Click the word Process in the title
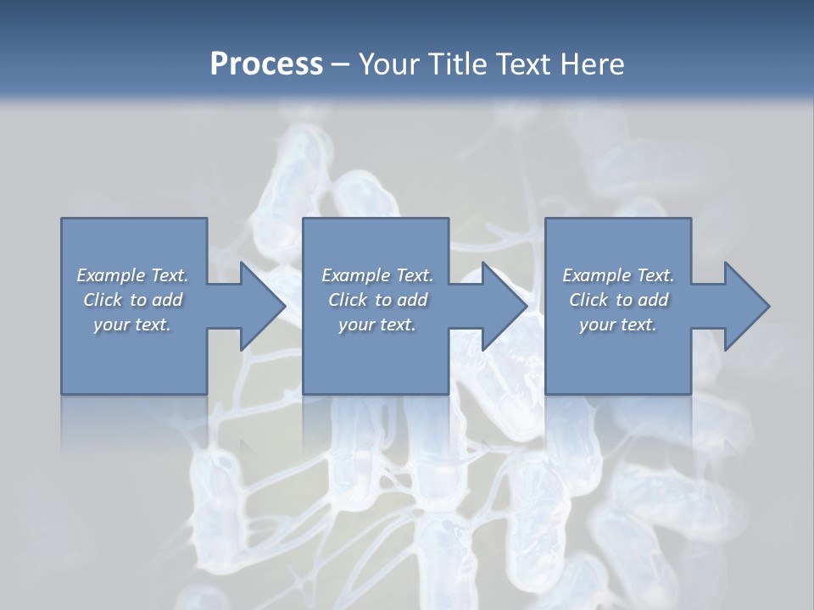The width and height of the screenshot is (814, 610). (266, 64)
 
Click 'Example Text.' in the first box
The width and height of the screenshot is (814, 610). (133, 275)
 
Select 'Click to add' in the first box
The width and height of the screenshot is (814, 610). (133, 300)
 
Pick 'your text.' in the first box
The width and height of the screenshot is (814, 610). (133, 324)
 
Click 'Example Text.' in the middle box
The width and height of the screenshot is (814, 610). (377, 275)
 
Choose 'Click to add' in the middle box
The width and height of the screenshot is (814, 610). (377, 300)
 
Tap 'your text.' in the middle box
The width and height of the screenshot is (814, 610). (377, 324)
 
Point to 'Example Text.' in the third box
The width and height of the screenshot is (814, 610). (618, 275)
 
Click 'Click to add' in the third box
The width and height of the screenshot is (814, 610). (618, 300)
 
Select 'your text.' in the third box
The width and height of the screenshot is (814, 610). (618, 324)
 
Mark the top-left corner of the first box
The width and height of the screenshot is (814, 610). (62, 219)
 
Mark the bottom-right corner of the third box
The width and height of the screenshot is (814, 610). (690, 393)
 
